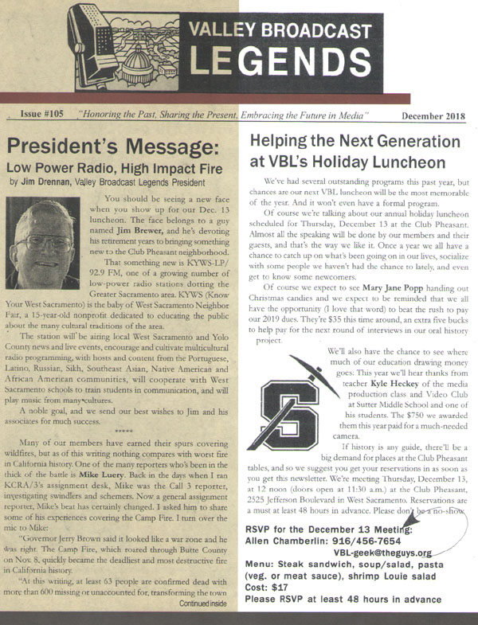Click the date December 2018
point(433,116)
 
